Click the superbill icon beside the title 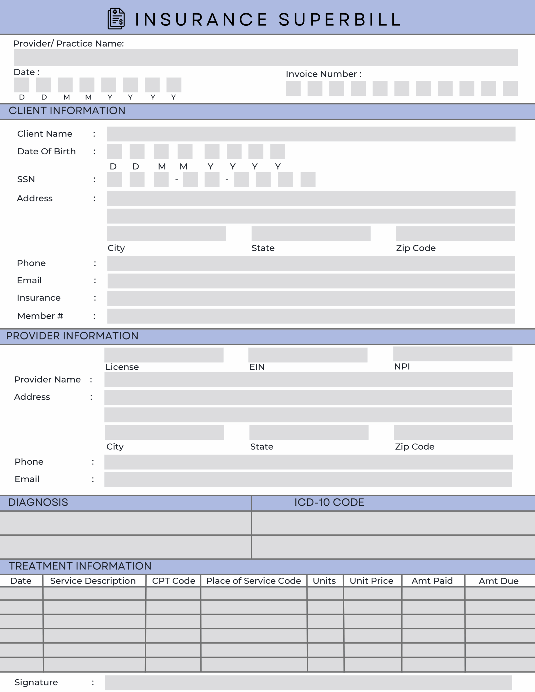[x=116, y=19]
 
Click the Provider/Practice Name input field [x=266, y=57]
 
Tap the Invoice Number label [x=323, y=74]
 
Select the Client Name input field [x=311, y=134]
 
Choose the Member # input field [x=311, y=316]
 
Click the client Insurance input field [x=311, y=298]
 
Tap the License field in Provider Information [x=164, y=355]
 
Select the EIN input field [x=308, y=355]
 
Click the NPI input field [x=453, y=354]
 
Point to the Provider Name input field [x=308, y=380]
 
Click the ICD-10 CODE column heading [x=329, y=502]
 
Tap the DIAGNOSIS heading [x=38, y=502]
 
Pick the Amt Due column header [x=498, y=581]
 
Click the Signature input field [x=308, y=683]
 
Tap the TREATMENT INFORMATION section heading [x=80, y=566]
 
